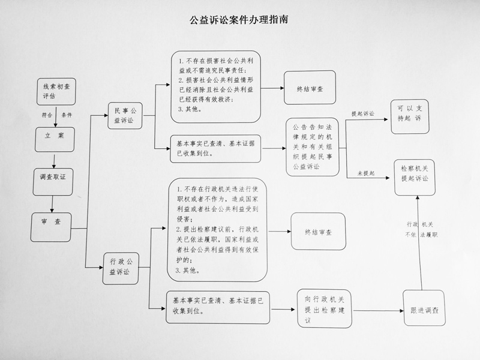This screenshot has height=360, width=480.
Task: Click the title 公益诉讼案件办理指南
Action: pyautogui.click(x=239, y=20)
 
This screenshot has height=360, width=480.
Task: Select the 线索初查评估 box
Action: pyautogui.click(x=56, y=92)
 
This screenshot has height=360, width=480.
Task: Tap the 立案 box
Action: pyautogui.click(x=55, y=140)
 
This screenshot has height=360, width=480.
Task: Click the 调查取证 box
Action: pyautogui.click(x=53, y=182)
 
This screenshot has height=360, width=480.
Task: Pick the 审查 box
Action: pyautogui.click(x=51, y=227)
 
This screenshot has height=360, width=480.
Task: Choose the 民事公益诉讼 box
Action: pyautogui.click(x=125, y=115)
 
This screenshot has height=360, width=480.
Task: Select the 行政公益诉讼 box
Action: pyautogui.click(x=121, y=268)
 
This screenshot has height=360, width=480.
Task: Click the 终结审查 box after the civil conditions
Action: pyautogui.click(x=310, y=88)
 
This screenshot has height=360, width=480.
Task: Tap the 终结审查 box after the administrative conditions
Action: pyautogui.click(x=319, y=232)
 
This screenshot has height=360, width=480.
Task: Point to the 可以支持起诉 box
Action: pyautogui.click(x=410, y=116)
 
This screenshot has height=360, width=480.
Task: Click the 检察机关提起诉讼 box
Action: pyautogui.click(x=415, y=178)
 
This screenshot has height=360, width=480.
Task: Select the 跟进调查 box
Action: pyautogui.click(x=424, y=308)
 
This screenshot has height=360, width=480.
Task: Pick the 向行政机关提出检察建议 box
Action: pyautogui.click(x=325, y=308)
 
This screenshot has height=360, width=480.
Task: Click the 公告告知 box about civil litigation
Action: pyautogui.click(x=313, y=147)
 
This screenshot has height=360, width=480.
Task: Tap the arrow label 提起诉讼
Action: pyautogui.click(x=363, y=113)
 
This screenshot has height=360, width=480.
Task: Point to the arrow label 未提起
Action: pyautogui.click(x=366, y=173)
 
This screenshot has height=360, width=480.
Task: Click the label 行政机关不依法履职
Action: pyautogui.click(x=421, y=230)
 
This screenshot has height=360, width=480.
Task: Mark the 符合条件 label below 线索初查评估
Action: pyautogui.click(x=57, y=115)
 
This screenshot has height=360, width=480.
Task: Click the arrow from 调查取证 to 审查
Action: pyautogui.click(x=52, y=204)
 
